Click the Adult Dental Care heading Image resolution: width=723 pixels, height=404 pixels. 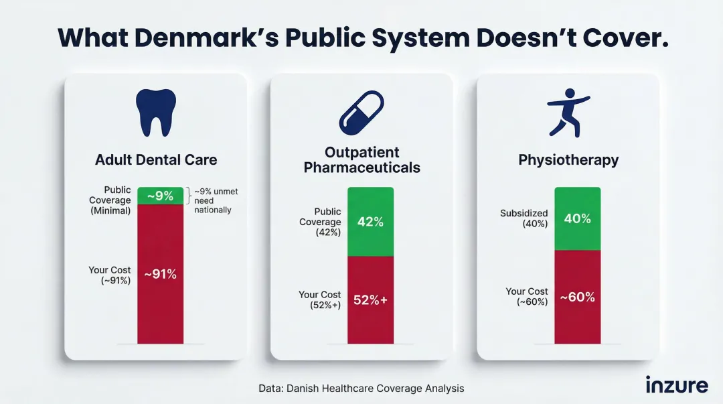(156, 160)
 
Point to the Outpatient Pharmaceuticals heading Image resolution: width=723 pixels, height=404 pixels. (361, 159)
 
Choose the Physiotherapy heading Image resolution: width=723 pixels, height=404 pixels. (568, 160)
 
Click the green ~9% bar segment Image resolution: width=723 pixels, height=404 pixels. (160, 196)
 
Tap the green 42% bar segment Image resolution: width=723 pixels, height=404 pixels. (370, 222)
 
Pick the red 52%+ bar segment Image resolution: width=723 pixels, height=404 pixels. (370, 299)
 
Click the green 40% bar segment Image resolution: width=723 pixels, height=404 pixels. (577, 218)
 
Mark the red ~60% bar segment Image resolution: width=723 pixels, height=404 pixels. (577, 296)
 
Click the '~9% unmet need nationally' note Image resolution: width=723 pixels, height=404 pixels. (215, 201)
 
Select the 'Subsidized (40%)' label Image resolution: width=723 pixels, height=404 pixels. (524, 218)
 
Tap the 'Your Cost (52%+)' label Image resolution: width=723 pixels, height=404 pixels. (320, 299)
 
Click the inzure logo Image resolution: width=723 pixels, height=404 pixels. (676, 385)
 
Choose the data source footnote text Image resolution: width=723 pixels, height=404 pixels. (361, 388)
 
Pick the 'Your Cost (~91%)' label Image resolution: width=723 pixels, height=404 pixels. (110, 275)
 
